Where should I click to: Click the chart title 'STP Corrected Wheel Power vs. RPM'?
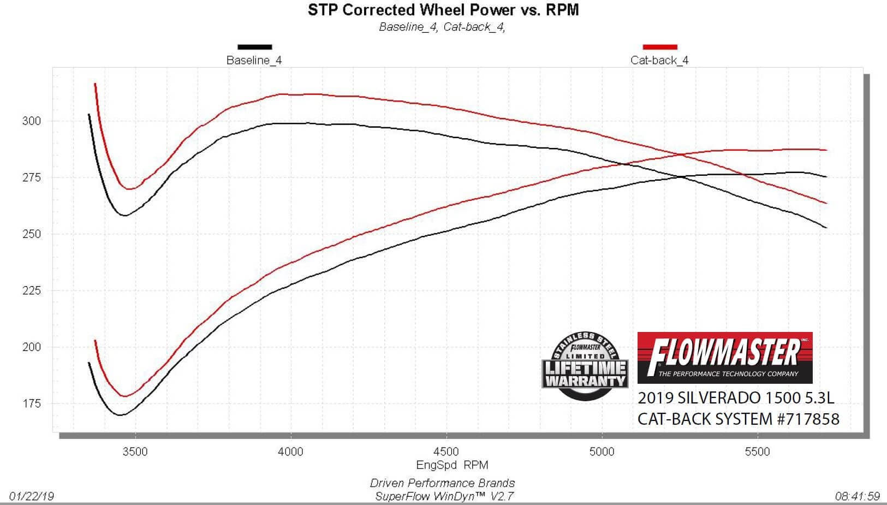[x=443, y=10]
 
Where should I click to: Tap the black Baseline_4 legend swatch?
[x=254, y=47]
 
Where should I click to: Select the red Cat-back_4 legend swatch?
[x=660, y=47]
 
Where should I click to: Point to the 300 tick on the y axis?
[x=32, y=121]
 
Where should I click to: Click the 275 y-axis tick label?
[x=32, y=177]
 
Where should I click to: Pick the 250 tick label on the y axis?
[x=32, y=234]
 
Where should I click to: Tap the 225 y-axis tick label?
[x=32, y=291]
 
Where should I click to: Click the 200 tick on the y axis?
[x=32, y=347]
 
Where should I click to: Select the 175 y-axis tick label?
[x=32, y=403]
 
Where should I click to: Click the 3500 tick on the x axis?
[x=135, y=451]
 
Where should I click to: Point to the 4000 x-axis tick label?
[x=290, y=451]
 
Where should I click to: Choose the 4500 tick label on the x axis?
[x=447, y=451]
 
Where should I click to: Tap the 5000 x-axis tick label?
[x=602, y=451]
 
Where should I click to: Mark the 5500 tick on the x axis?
[x=758, y=451]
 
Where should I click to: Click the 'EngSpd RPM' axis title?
[x=452, y=465]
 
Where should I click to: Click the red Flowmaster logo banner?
[x=725, y=358]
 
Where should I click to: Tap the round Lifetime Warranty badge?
[x=585, y=366]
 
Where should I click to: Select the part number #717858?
[x=808, y=419]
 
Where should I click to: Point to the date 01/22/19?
[x=31, y=496]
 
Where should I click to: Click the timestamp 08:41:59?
[x=858, y=496]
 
